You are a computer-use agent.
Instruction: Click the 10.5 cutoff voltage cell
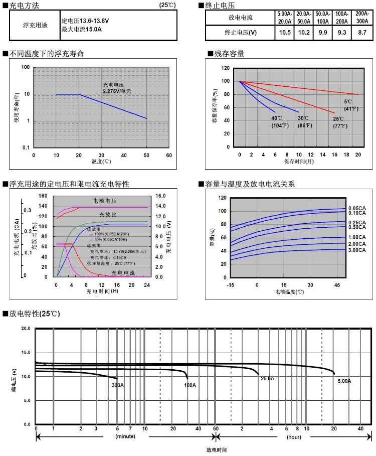[285, 33]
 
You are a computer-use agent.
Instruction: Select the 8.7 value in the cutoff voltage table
[362, 33]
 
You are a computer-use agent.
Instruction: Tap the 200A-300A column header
[362, 18]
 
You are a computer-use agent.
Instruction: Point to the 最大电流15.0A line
[82, 30]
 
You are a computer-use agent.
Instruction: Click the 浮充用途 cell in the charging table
[35, 25]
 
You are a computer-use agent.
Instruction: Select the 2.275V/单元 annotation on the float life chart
[117, 91]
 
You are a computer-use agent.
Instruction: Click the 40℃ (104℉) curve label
[277, 122]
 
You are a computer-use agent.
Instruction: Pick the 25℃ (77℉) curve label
[339, 122]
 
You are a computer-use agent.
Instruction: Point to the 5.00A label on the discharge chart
[344, 381]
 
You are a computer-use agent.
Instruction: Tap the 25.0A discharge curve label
[267, 379]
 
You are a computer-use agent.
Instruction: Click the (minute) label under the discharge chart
[125, 437]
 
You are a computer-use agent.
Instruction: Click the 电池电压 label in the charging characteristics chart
[105, 201]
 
